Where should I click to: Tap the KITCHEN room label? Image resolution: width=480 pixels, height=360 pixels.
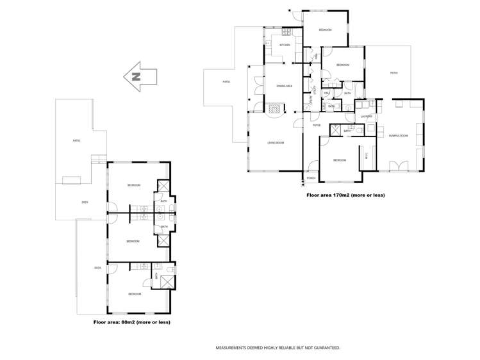pyautogui.click(x=285, y=45)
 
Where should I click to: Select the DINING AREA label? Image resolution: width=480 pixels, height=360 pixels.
pyautogui.click(x=285, y=86)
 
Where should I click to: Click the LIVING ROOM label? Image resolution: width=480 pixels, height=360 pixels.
pyautogui.click(x=276, y=143)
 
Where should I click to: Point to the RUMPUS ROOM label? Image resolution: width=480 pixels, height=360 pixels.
pyautogui.click(x=398, y=135)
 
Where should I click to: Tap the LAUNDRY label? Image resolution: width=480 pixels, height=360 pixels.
pyautogui.click(x=367, y=117)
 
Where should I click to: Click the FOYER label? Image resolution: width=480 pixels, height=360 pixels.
pyautogui.click(x=316, y=126)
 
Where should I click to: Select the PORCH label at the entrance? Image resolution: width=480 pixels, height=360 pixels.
pyautogui.click(x=311, y=177)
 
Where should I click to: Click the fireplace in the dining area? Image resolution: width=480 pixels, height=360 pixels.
pyautogui.click(x=275, y=108)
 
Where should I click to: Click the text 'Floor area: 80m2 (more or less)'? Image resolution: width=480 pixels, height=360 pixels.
pyautogui.click(x=131, y=322)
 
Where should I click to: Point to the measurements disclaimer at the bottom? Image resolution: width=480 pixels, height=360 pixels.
pyautogui.click(x=277, y=347)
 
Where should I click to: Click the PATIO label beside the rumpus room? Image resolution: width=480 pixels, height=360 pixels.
pyautogui.click(x=394, y=73)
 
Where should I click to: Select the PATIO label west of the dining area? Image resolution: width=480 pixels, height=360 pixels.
pyautogui.click(x=226, y=82)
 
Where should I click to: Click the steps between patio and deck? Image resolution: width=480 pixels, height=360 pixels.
pyautogui.click(x=98, y=160)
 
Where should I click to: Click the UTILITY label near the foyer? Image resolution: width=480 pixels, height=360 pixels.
pyautogui.click(x=311, y=102)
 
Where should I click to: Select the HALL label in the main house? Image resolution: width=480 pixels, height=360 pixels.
pyautogui.click(x=326, y=94)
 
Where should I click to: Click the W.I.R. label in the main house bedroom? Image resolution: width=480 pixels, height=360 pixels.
pyautogui.click(x=367, y=156)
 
